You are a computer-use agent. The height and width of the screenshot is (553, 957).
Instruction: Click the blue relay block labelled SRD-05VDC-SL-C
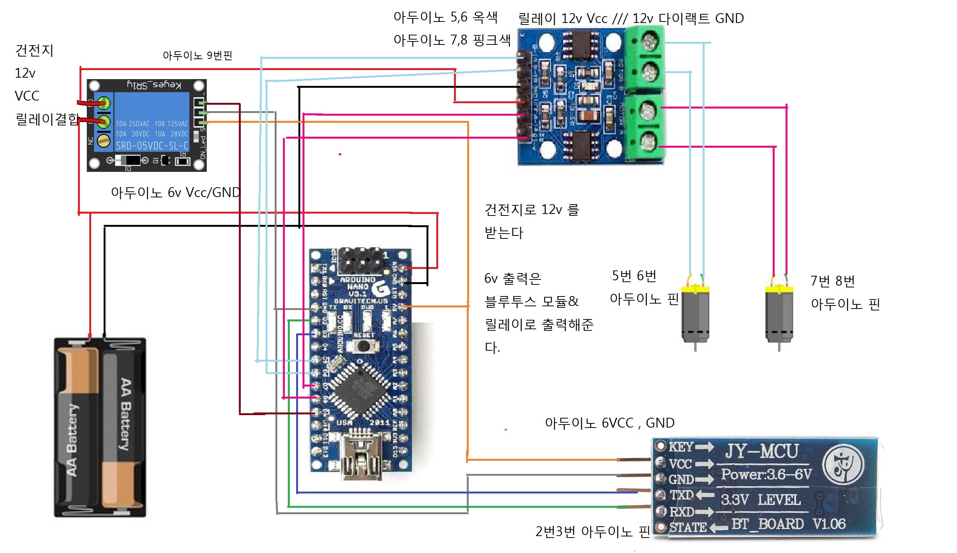(151, 122)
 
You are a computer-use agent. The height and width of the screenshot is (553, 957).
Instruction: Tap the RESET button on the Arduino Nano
(364, 346)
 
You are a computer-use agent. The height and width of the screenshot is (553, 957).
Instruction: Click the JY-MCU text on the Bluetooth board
(761, 452)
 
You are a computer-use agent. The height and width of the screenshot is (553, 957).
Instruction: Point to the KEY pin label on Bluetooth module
(681, 447)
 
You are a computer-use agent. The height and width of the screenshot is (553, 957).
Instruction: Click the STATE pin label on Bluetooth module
(687, 527)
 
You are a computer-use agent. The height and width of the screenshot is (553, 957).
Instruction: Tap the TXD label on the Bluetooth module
(681, 495)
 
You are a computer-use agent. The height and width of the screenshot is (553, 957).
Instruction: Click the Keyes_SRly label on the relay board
(154, 85)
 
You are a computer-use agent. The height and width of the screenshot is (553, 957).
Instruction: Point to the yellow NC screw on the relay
(103, 141)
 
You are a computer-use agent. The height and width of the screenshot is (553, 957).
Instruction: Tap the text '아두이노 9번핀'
(197, 56)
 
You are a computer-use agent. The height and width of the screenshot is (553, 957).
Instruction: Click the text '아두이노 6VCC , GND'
(610, 423)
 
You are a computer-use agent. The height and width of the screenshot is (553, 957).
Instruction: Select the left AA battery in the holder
(78, 427)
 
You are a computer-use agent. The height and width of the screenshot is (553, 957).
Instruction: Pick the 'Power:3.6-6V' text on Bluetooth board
(766, 474)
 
